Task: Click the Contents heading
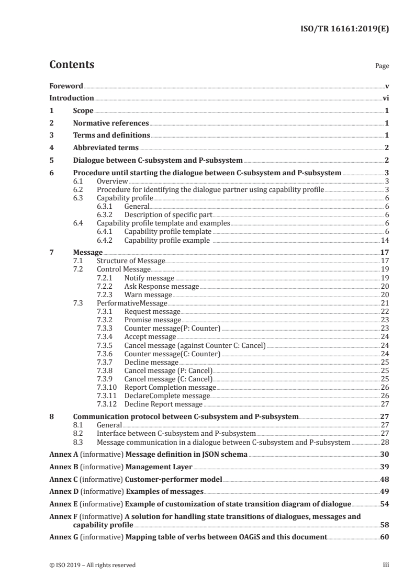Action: (72, 65)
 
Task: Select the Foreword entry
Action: (66, 86)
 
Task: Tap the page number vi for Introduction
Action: (385, 98)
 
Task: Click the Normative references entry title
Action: (111, 123)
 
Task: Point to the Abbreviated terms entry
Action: (106, 148)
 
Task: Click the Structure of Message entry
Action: (131, 261)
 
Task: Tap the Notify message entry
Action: (149, 278)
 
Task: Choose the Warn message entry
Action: (147, 295)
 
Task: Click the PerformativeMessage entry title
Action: (132, 303)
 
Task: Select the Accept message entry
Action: (150, 337)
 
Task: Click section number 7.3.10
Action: (108, 387)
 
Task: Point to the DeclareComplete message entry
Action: (159, 396)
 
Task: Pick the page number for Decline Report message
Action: (385, 404)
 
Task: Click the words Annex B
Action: (62, 466)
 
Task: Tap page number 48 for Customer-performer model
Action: (385, 479)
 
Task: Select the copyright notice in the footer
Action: (92, 565)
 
